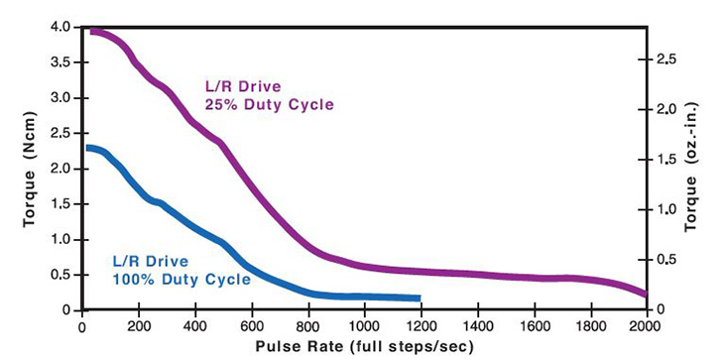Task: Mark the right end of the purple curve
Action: (x=646, y=294)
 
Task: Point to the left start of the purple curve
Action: (x=91, y=32)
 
